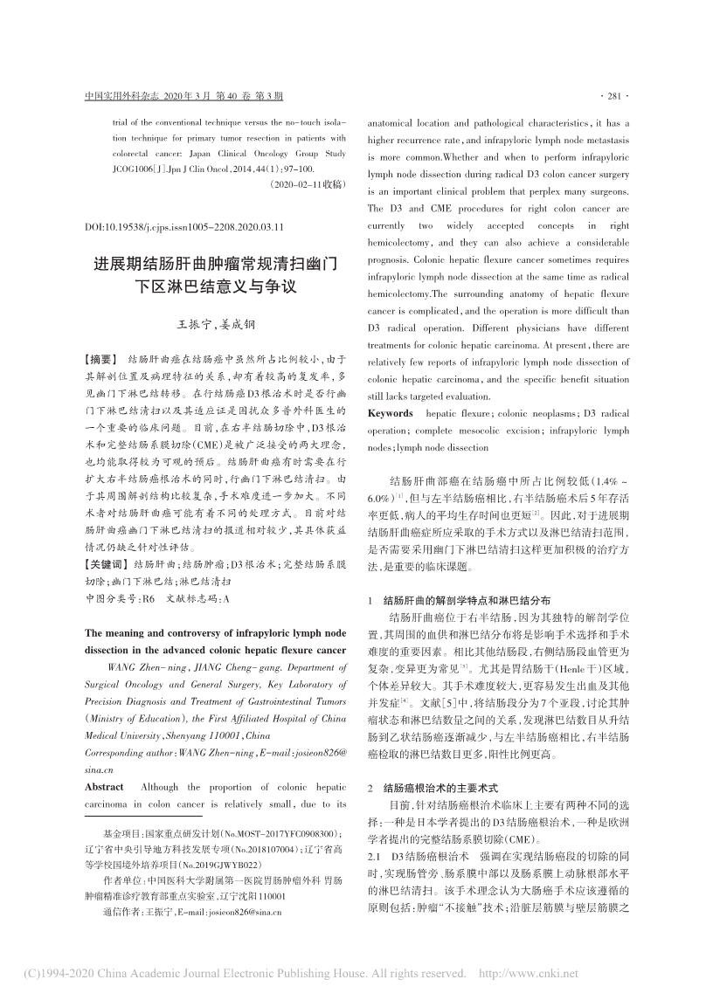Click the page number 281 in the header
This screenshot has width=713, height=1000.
click(617, 96)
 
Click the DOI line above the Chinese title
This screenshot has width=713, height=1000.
click(184, 225)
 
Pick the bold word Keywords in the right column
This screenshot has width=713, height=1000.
click(391, 412)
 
